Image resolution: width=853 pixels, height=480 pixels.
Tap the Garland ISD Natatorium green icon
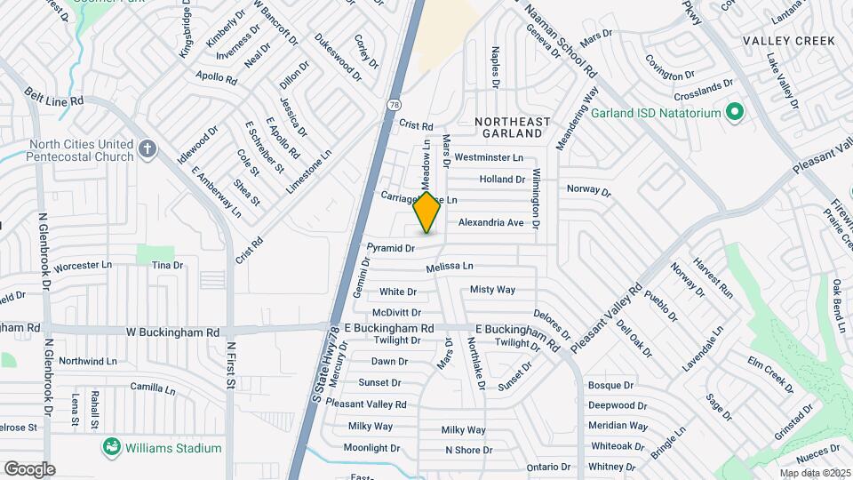[734, 113]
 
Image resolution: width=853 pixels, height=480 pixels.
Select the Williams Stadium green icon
[112, 446]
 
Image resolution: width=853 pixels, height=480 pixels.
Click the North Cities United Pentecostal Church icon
[148, 148]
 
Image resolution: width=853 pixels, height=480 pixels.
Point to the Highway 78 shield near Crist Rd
[392, 105]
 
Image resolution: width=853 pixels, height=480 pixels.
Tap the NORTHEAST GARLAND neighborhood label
[507, 126]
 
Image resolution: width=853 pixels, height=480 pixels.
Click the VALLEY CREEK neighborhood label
[789, 41]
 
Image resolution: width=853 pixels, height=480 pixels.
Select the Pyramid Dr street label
[391, 248]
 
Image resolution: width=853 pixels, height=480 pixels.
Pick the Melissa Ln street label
[449, 266]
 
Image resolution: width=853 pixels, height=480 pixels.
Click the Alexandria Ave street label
[491, 223]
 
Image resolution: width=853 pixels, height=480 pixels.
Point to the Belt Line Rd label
[53, 96]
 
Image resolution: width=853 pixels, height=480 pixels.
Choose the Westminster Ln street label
[489, 157]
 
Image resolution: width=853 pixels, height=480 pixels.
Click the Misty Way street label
[492, 290]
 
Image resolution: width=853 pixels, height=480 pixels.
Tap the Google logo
[29, 468]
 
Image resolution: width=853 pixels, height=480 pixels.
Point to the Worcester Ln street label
[84, 265]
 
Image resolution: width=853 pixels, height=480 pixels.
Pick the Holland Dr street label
[503, 180]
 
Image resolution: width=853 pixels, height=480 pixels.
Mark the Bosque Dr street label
[610, 386]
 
